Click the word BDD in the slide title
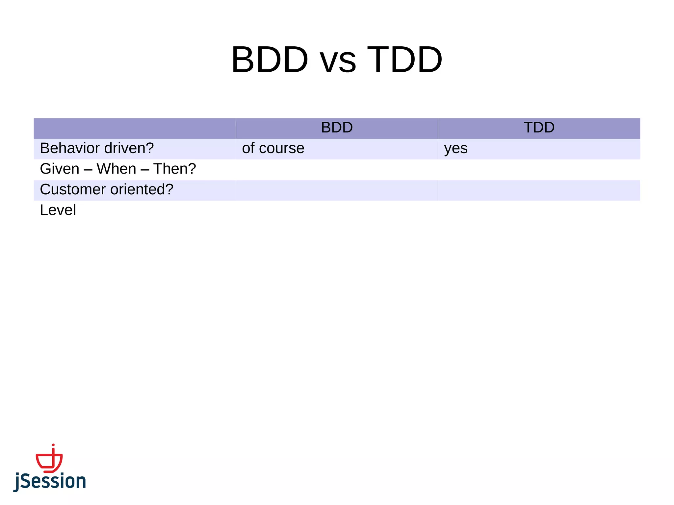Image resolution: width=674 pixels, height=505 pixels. (270, 60)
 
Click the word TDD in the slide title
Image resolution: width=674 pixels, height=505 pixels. (405, 60)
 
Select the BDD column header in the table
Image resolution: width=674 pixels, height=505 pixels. (337, 128)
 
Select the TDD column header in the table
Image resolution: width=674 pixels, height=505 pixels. (539, 128)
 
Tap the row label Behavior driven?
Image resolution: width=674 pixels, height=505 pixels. (97, 148)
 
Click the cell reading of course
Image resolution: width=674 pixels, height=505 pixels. (273, 148)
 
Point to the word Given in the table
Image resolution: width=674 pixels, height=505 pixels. (60, 169)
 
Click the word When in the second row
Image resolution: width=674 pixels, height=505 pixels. (116, 169)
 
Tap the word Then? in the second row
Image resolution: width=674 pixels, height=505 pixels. (174, 169)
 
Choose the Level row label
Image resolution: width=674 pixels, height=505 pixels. (58, 210)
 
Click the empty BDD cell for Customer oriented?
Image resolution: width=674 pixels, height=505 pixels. (337, 190)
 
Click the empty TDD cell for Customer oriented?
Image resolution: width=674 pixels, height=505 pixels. (539, 190)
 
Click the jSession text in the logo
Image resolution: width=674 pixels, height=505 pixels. (50, 481)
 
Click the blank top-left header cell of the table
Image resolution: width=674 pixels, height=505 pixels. (135, 128)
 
